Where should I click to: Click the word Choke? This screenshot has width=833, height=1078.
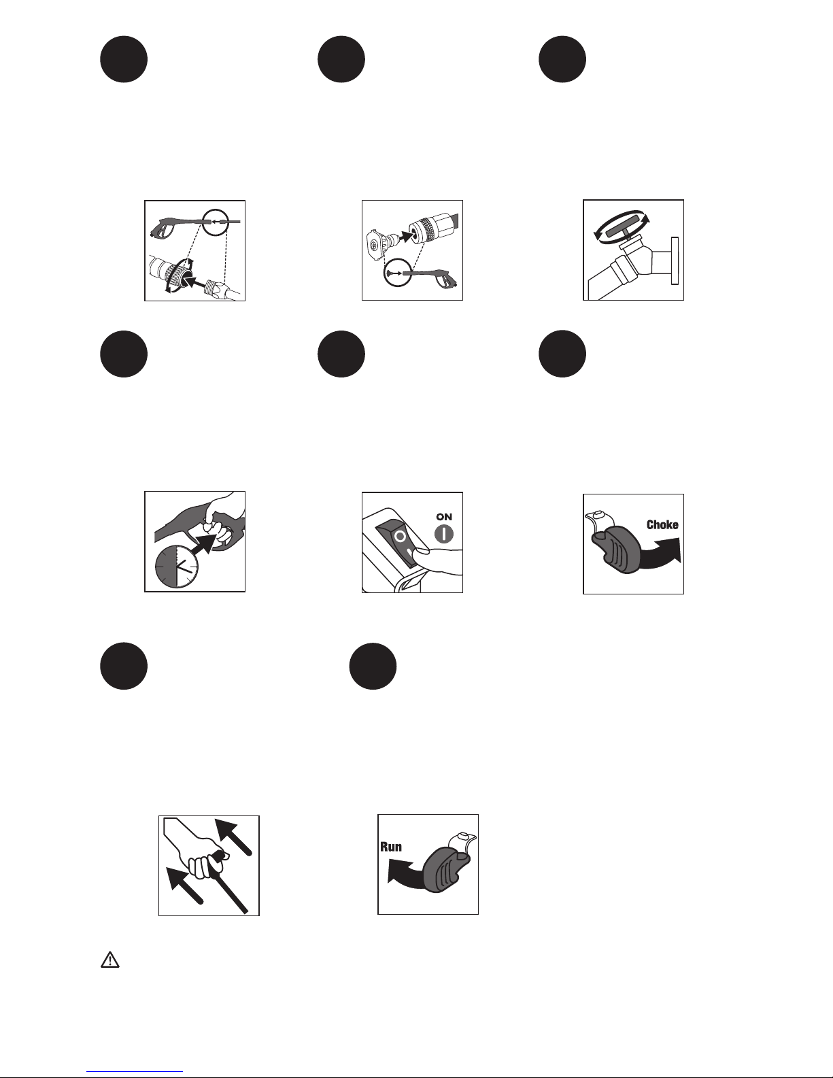click(662, 525)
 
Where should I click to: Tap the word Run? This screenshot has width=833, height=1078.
click(391, 846)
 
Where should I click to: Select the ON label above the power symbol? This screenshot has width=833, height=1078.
click(444, 517)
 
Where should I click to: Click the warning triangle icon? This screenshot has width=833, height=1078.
click(110, 960)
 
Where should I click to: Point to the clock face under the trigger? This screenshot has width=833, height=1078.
click(177, 567)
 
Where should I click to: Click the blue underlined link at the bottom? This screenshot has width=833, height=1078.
click(135, 1070)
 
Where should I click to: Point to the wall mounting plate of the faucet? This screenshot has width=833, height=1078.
click(675, 261)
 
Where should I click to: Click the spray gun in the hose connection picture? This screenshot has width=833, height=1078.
click(177, 226)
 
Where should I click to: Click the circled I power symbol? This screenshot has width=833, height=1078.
click(444, 534)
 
